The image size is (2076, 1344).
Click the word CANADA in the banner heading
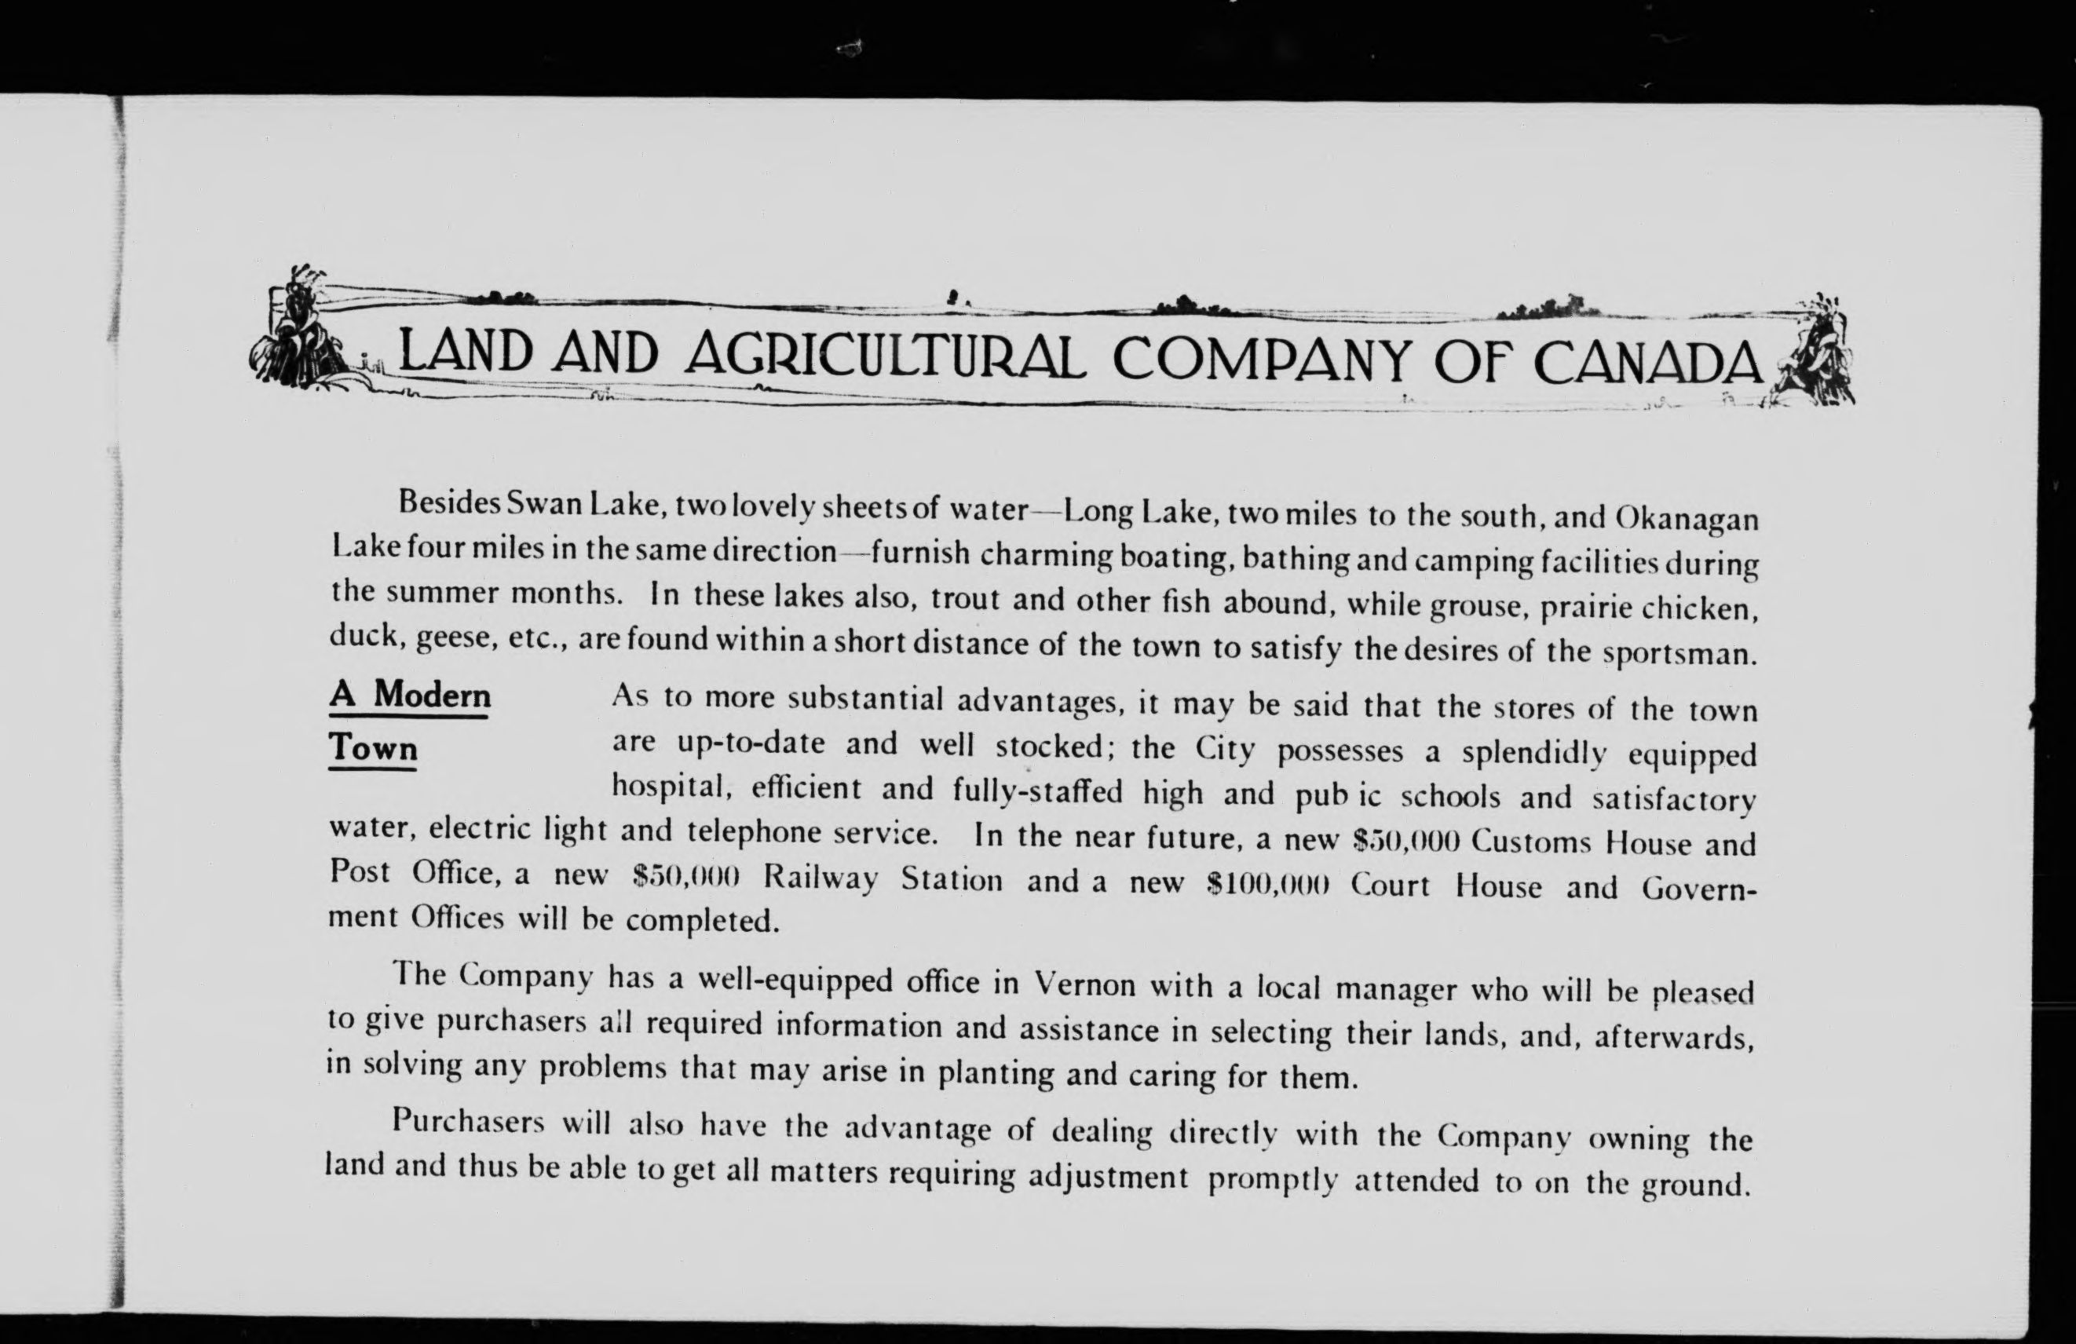tap(1647, 363)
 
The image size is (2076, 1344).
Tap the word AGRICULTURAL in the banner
tap(886, 356)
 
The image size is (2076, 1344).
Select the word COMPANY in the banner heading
tap(1260, 360)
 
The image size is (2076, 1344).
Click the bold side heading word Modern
tap(432, 695)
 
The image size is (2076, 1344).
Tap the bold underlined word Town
tap(373, 747)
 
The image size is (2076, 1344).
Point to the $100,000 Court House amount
tap(1267, 885)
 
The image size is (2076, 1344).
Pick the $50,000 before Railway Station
tap(687, 875)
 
